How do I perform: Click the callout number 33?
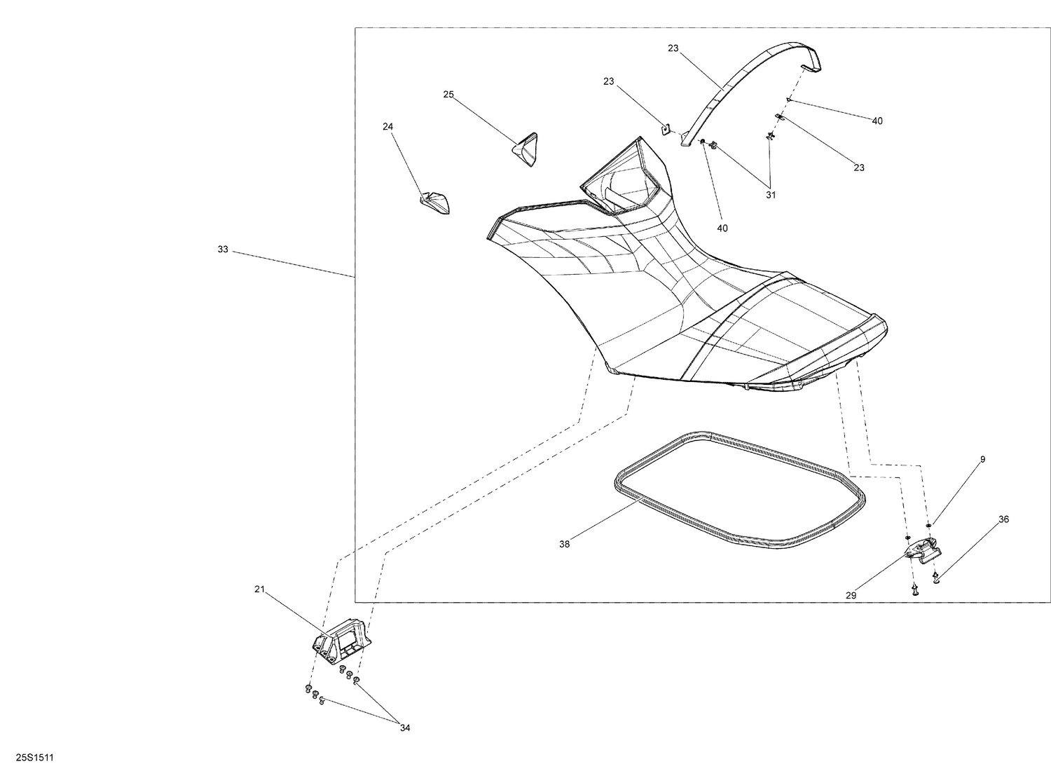pyautogui.click(x=223, y=250)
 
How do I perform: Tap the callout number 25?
pyautogui.click(x=448, y=95)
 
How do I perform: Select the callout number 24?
pyautogui.click(x=388, y=126)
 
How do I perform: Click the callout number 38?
pyautogui.click(x=565, y=544)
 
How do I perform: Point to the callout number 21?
pyautogui.click(x=260, y=589)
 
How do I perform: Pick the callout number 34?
pyautogui.click(x=405, y=728)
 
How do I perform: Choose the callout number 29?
pyautogui.click(x=851, y=595)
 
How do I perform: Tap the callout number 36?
pyautogui.click(x=1003, y=519)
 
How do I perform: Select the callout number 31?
pyautogui.click(x=771, y=195)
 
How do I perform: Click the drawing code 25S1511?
pyautogui.click(x=35, y=744)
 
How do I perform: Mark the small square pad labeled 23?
pyautogui.click(x=666, y=128)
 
